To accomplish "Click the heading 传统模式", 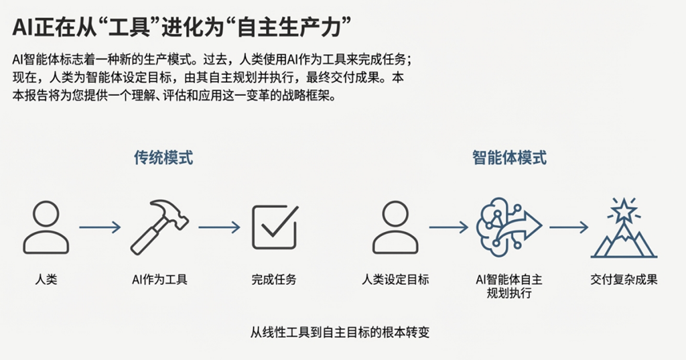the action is tap(163, 158).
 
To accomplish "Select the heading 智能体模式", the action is tap(509, 158).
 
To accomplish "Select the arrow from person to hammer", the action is tap(100, 227).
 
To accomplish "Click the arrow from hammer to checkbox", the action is tap(218, 227).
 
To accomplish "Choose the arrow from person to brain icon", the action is tap(448, 227).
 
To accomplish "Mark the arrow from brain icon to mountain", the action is tap(568, 227).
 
